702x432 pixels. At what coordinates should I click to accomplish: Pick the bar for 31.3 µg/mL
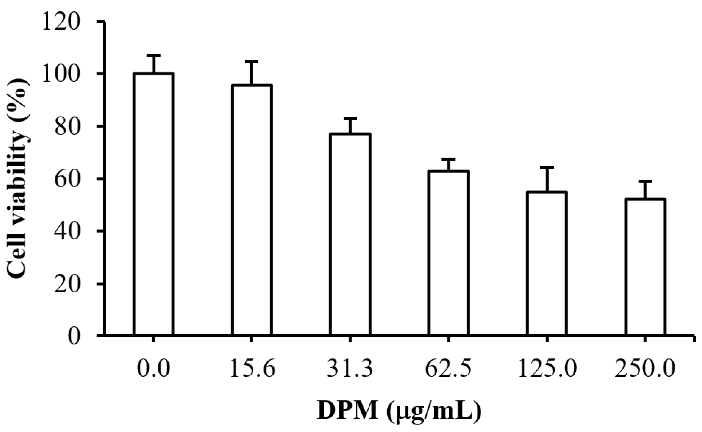coord(350,234)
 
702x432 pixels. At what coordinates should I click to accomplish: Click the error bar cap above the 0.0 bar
coord(153,55)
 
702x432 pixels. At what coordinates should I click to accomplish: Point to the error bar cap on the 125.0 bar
coord(547,167)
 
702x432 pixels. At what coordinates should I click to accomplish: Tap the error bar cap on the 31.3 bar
coord(350,119)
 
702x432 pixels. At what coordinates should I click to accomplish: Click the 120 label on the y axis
coord(60,22)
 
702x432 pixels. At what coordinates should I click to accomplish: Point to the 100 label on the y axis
coord(60,74)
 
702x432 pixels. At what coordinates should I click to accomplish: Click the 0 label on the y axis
coord(74,336)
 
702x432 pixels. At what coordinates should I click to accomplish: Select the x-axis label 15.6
coord(252,369)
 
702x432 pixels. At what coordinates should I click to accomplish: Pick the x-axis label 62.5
coord(448,369)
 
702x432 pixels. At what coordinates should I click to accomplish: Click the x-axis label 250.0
coord(645,369)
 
